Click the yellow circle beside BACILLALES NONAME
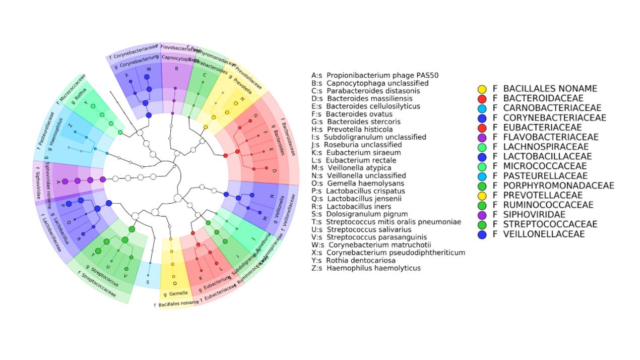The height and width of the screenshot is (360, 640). click(482, 89)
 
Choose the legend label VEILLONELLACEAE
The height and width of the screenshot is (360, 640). click(544, 234)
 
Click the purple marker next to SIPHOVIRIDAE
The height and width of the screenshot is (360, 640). click(482, 215)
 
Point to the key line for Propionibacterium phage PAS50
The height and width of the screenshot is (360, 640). click(375, 76)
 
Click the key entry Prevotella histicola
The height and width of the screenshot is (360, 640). click(352, 130)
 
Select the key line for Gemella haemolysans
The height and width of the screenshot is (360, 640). click(358, 184)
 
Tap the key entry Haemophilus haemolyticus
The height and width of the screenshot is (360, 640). click(366, 268)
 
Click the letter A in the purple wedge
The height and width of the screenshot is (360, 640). click(58, 181)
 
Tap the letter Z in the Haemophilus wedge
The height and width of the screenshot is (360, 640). click(70, 126)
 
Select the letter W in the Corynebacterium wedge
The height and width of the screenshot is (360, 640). click(148, 69)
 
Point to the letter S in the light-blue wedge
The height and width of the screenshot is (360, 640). click(147, 282)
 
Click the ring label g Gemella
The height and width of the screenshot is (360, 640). click(175, 293)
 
